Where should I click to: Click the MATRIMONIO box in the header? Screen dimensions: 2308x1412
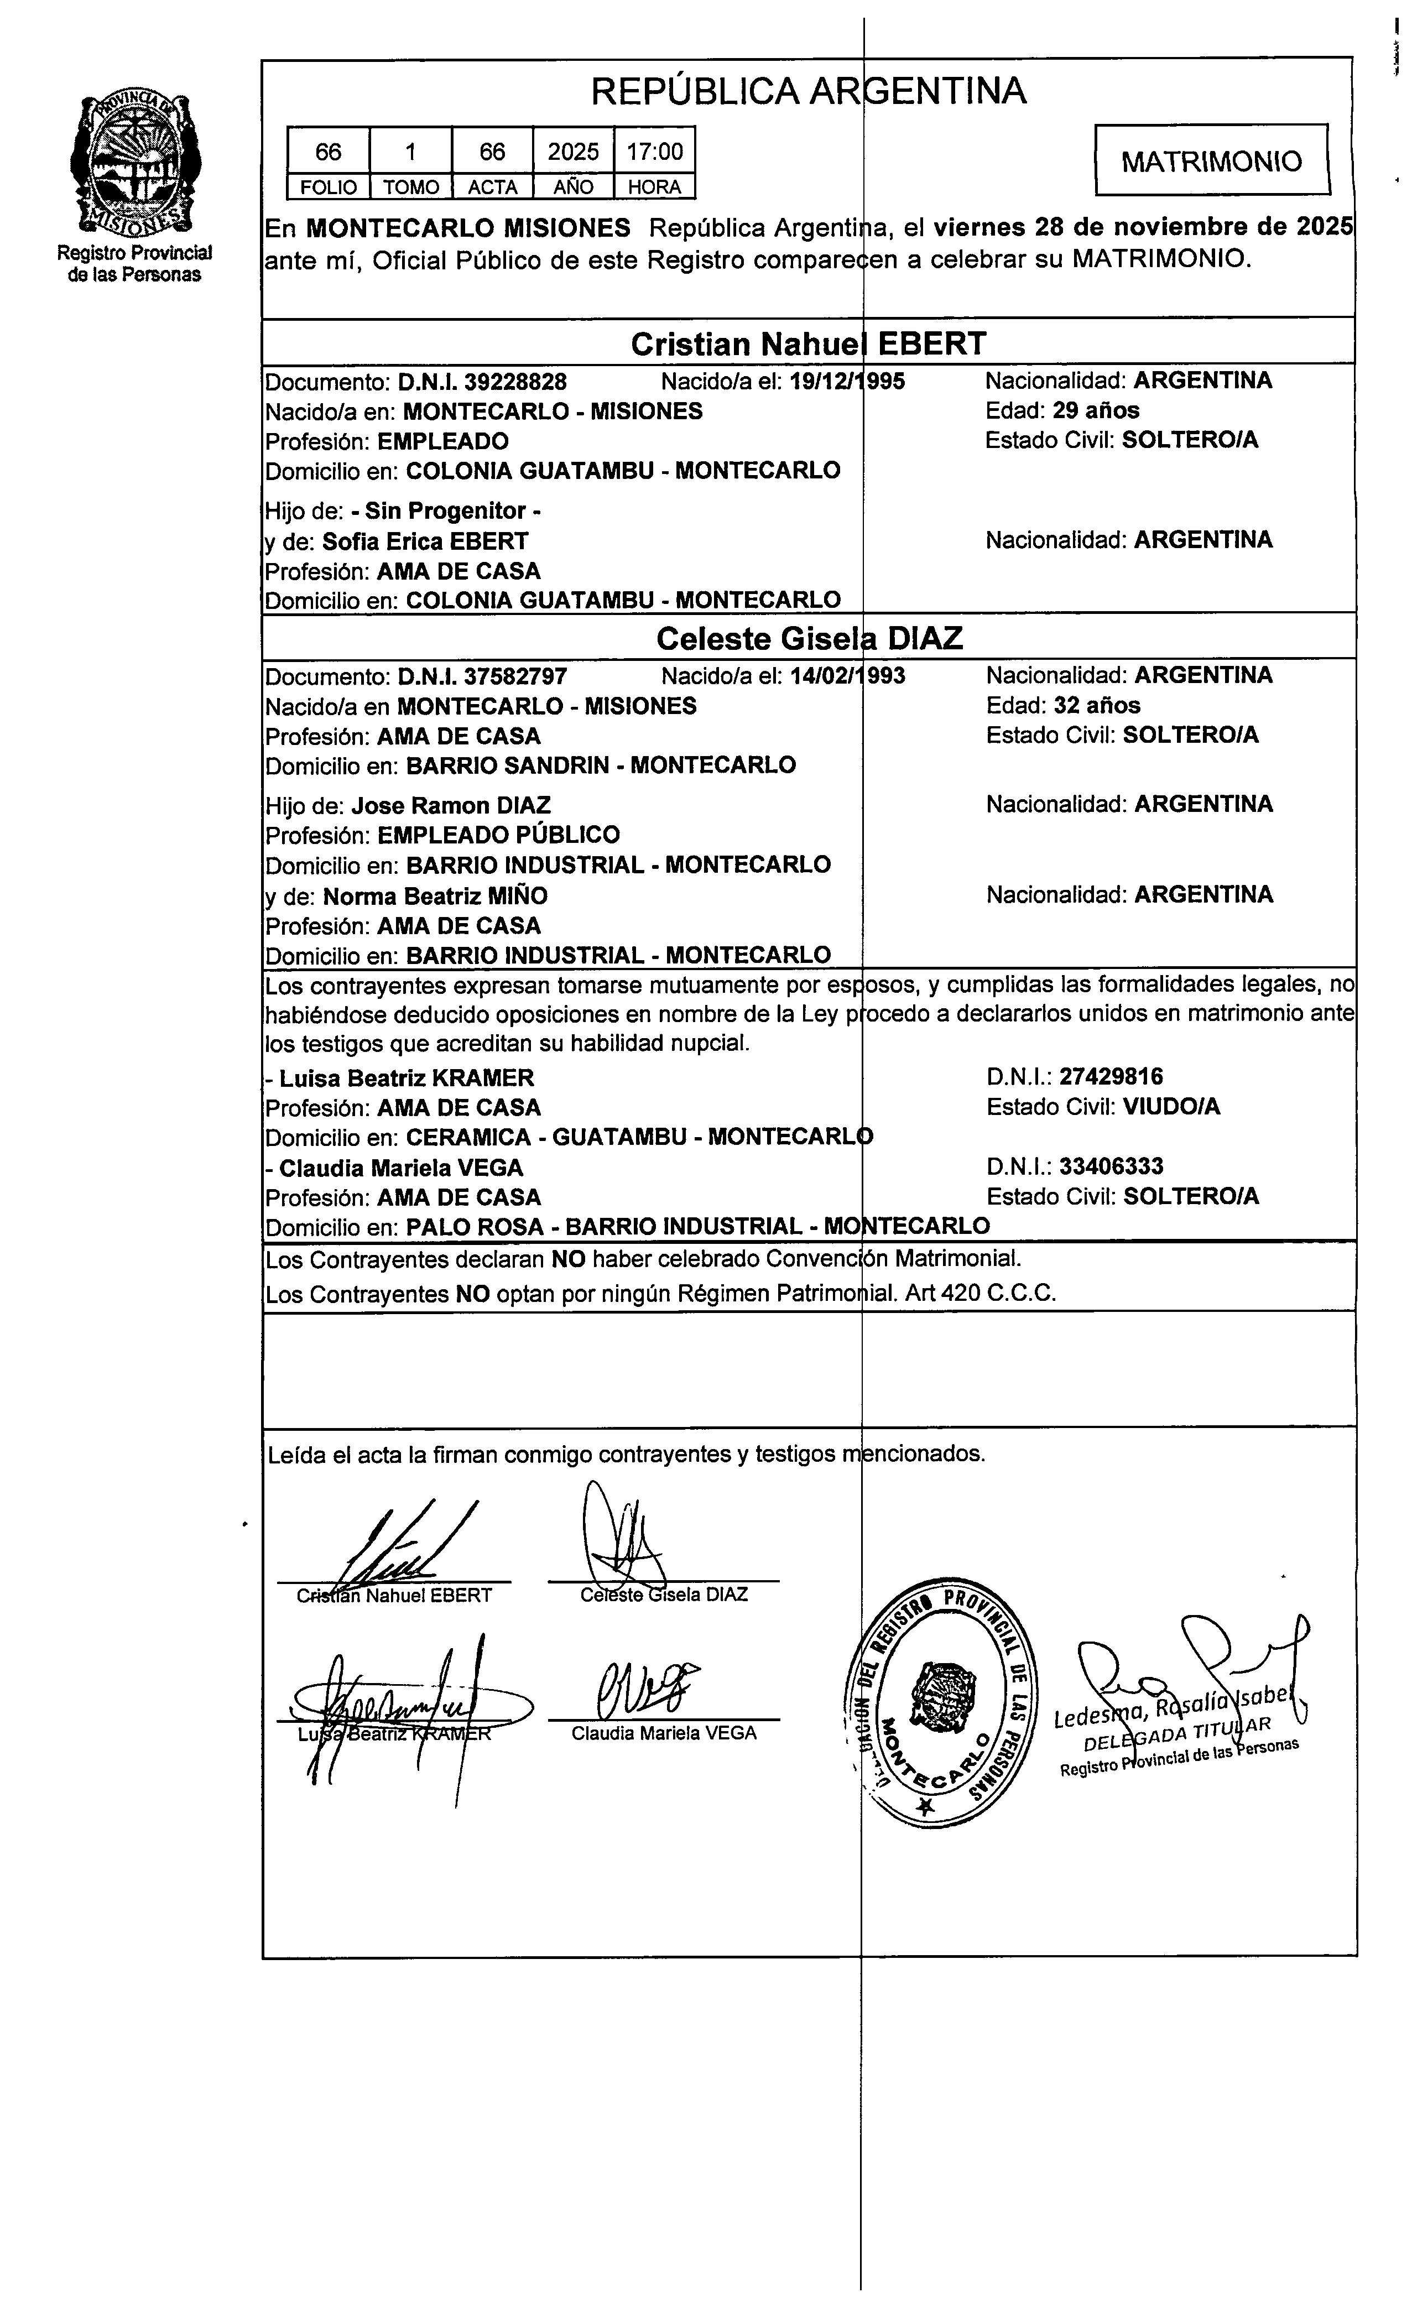pos(1211,161)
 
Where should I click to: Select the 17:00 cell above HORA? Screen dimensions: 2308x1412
pos(654,151)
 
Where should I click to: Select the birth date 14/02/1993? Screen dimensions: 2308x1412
pos(847,676)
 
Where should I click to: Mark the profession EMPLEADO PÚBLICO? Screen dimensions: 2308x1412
pos(498,835)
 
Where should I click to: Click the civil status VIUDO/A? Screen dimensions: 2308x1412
pos(1171,1107)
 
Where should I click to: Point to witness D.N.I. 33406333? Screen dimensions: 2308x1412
pos(1111,1166)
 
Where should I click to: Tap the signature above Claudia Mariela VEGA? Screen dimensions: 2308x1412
pos(647,1689)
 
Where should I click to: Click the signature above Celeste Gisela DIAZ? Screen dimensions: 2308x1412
pos(618,1536)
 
